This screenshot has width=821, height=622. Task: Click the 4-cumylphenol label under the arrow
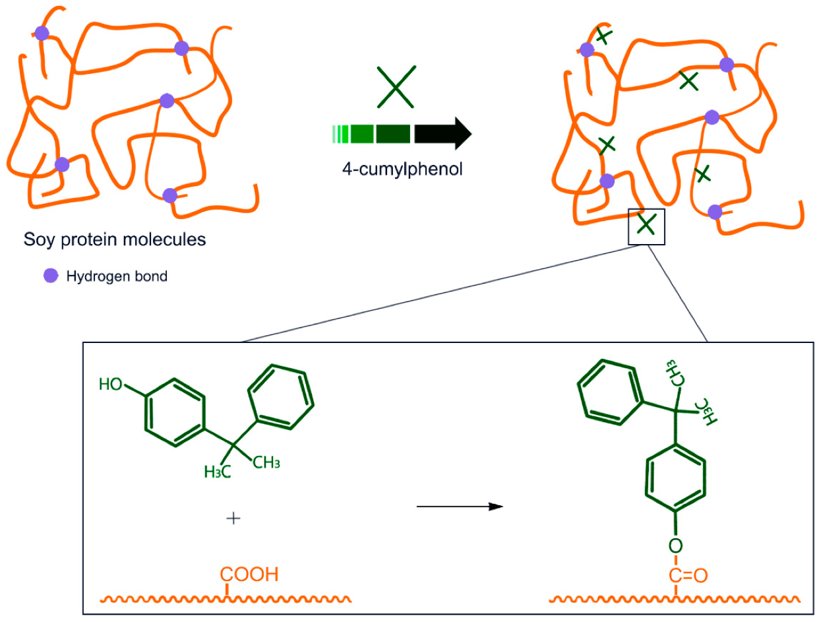402,169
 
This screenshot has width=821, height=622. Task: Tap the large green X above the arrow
396,86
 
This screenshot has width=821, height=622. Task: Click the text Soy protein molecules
115,239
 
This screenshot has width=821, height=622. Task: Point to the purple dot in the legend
50,276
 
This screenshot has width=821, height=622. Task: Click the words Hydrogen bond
117,277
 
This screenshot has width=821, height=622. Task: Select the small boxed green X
647,226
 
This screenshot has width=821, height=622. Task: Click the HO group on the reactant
111,384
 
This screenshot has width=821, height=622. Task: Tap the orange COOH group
249,575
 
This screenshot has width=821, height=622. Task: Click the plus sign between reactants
233,518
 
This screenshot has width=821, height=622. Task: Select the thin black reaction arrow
460,507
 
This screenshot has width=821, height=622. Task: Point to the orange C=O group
688,575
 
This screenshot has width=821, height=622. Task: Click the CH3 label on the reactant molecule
267,462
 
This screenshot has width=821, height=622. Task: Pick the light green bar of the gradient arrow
340,134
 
